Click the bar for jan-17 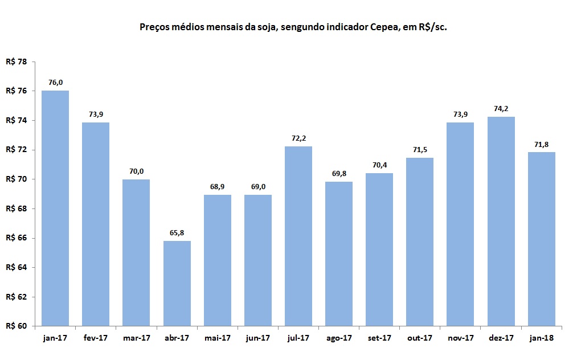click(55, 208)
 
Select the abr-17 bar click(177, 283)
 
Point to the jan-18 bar click(542, 239)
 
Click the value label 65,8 click(177, 232)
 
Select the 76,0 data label click(55, 82)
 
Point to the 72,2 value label click(298, 138)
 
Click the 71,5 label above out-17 click(420, 149)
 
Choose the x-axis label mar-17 click(137, 338)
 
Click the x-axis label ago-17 click(339, 338)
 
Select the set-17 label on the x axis click(379, 338)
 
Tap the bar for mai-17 click(218, 260)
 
